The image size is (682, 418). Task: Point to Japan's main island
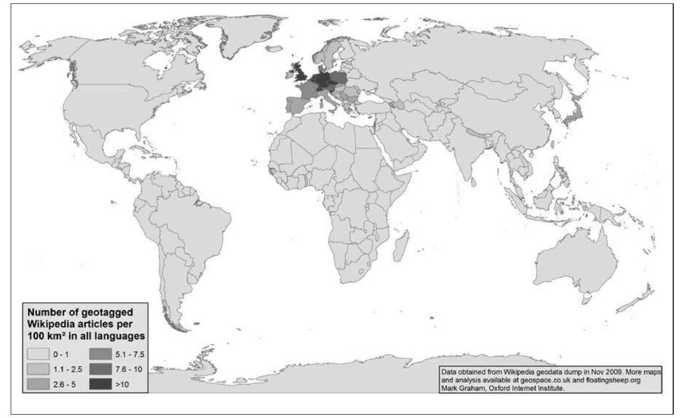[571, 115]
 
